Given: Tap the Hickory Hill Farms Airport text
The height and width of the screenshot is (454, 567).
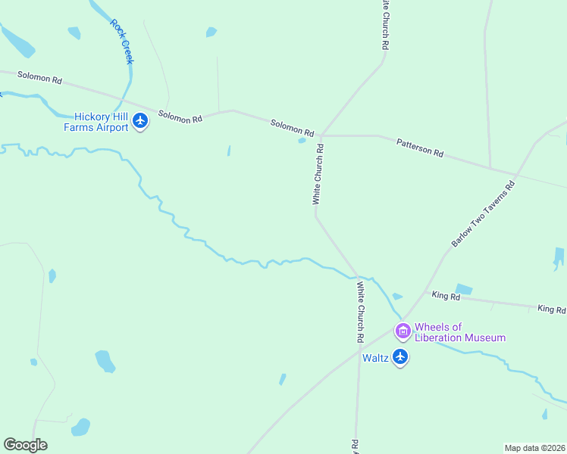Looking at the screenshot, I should point(101,122).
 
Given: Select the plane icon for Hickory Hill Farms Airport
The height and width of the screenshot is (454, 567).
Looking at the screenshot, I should point(140,121).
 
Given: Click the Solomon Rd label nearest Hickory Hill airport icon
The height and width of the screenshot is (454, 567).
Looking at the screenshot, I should point(180,117).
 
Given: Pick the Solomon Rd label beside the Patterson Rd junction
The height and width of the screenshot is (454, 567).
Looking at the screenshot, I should point(293,128).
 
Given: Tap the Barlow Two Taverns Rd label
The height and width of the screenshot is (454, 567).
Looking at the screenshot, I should point(483,214).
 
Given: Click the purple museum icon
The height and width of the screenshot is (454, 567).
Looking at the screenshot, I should point(403,331).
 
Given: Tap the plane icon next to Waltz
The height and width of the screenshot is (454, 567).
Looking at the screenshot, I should point(400,357).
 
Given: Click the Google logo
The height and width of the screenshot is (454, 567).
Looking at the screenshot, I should point(25,445).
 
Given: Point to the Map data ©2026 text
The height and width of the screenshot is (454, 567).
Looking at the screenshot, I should point(534,448).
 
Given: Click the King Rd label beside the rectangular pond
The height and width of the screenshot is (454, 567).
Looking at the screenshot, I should point(446,297).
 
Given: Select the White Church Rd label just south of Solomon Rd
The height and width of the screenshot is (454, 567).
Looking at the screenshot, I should point(319,175).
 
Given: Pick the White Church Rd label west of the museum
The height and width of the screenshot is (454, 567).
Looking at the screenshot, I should point(362,311).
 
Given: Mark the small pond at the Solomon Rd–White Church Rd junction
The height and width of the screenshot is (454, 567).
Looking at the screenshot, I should point(302,140).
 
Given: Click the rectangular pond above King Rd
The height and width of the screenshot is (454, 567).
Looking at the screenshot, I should point(464,289).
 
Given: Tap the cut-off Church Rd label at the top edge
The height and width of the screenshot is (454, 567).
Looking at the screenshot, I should point(385,24).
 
